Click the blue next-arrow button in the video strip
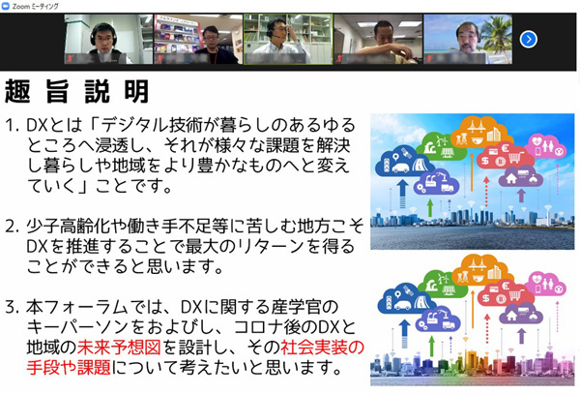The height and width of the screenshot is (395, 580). pos(528,39)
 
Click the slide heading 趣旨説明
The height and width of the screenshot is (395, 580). pos(77,91)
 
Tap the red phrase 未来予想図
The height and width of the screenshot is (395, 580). pos(119,348)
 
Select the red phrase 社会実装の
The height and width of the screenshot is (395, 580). pos(322,348)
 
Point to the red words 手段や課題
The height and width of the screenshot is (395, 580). pos(69,367)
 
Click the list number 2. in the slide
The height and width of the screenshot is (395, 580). pos(13,227)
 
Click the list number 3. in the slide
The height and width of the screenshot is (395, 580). pos(13,307)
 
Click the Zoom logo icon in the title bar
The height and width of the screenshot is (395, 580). pos(6,6)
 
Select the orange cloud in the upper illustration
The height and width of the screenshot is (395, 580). pos(480,133)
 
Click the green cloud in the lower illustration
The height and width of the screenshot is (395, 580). pos(443,285)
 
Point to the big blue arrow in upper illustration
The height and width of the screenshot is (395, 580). pos(402,194)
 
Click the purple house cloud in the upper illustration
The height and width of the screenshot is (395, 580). pos(521,176)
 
